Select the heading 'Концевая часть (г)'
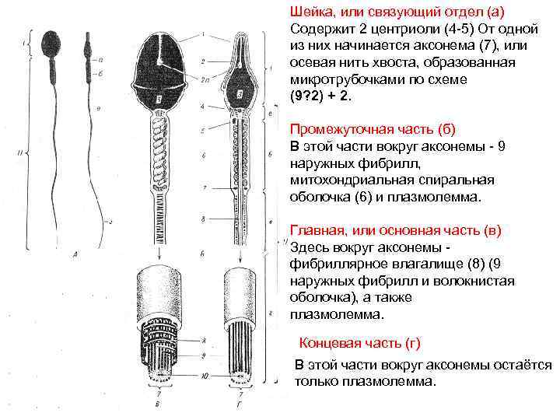[359, 343]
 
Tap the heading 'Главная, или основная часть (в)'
[396, 230]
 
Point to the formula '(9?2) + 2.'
[320, 97]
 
